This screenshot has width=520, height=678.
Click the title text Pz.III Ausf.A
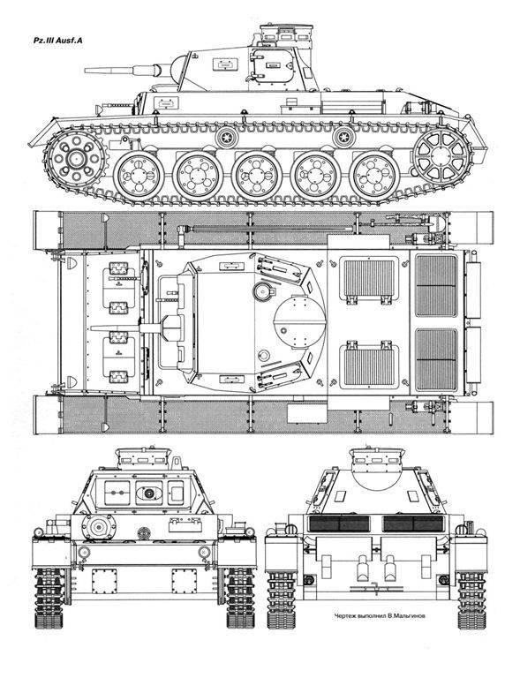tap(58, 41)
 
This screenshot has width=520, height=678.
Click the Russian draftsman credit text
tap(379, 615)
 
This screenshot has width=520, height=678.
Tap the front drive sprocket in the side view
tap(77, 158)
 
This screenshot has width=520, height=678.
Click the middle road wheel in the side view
tap(256, 176)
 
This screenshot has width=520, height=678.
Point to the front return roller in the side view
tap(227, 138)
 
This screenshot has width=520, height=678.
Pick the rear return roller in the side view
tap(343, 138)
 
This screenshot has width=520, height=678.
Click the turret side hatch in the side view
tap(273, 65)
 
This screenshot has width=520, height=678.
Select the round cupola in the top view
tap(299, 321)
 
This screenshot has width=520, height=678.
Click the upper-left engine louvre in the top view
tap(369, 279)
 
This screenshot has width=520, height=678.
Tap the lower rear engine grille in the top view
tap(436, 359)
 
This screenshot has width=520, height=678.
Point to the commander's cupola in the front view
tap(143, 458)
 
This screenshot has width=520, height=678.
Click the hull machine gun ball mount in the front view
tap(99, 527)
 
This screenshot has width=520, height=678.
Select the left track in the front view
tap(49, 598)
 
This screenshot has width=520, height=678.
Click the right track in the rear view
tap(472, 599)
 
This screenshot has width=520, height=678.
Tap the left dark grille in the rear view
tap(339, 524)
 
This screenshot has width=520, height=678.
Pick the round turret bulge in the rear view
tap(376, 479)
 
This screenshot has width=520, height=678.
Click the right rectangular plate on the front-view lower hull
tap(185, 581)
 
